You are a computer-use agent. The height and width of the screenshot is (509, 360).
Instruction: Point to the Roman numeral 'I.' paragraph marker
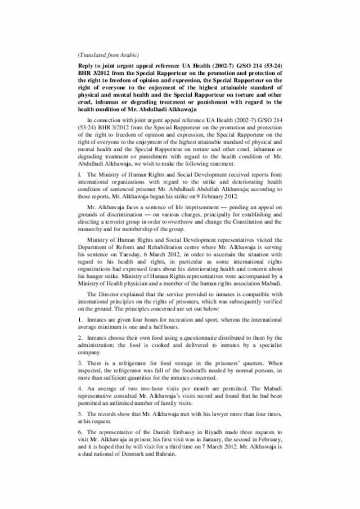[x=80, y=175]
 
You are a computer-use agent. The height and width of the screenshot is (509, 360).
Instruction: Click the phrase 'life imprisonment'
[x=188, y=208]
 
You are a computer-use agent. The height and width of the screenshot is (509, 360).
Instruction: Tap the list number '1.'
[x=80, y=319]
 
